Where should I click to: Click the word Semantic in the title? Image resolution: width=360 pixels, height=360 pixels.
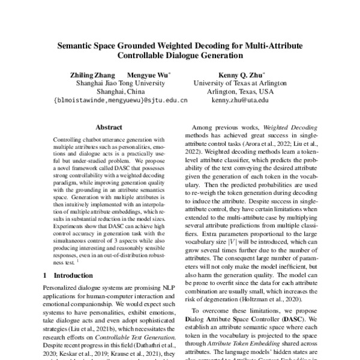pos(76,46)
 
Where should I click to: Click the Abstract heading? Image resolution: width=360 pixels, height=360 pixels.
pos(109,127)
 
